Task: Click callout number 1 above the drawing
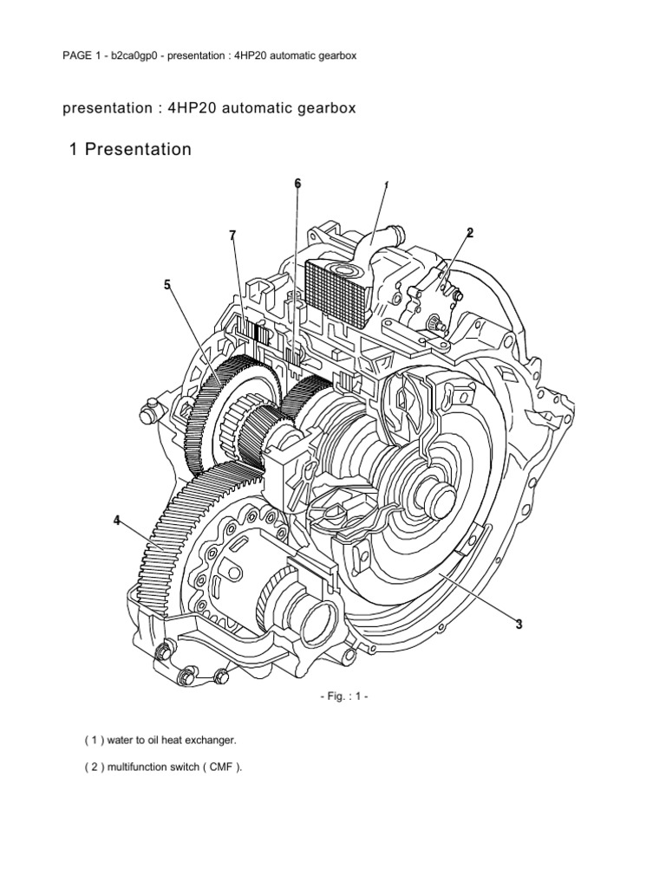tap(385, 185)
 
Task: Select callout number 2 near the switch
tap(469, 232)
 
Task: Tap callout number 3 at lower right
tap(519, 624)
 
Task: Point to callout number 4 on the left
tap(116, 521)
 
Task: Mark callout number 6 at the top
tap(297, 184)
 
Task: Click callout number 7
tap(232, 236)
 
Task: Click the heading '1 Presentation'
tap(130, 150)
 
